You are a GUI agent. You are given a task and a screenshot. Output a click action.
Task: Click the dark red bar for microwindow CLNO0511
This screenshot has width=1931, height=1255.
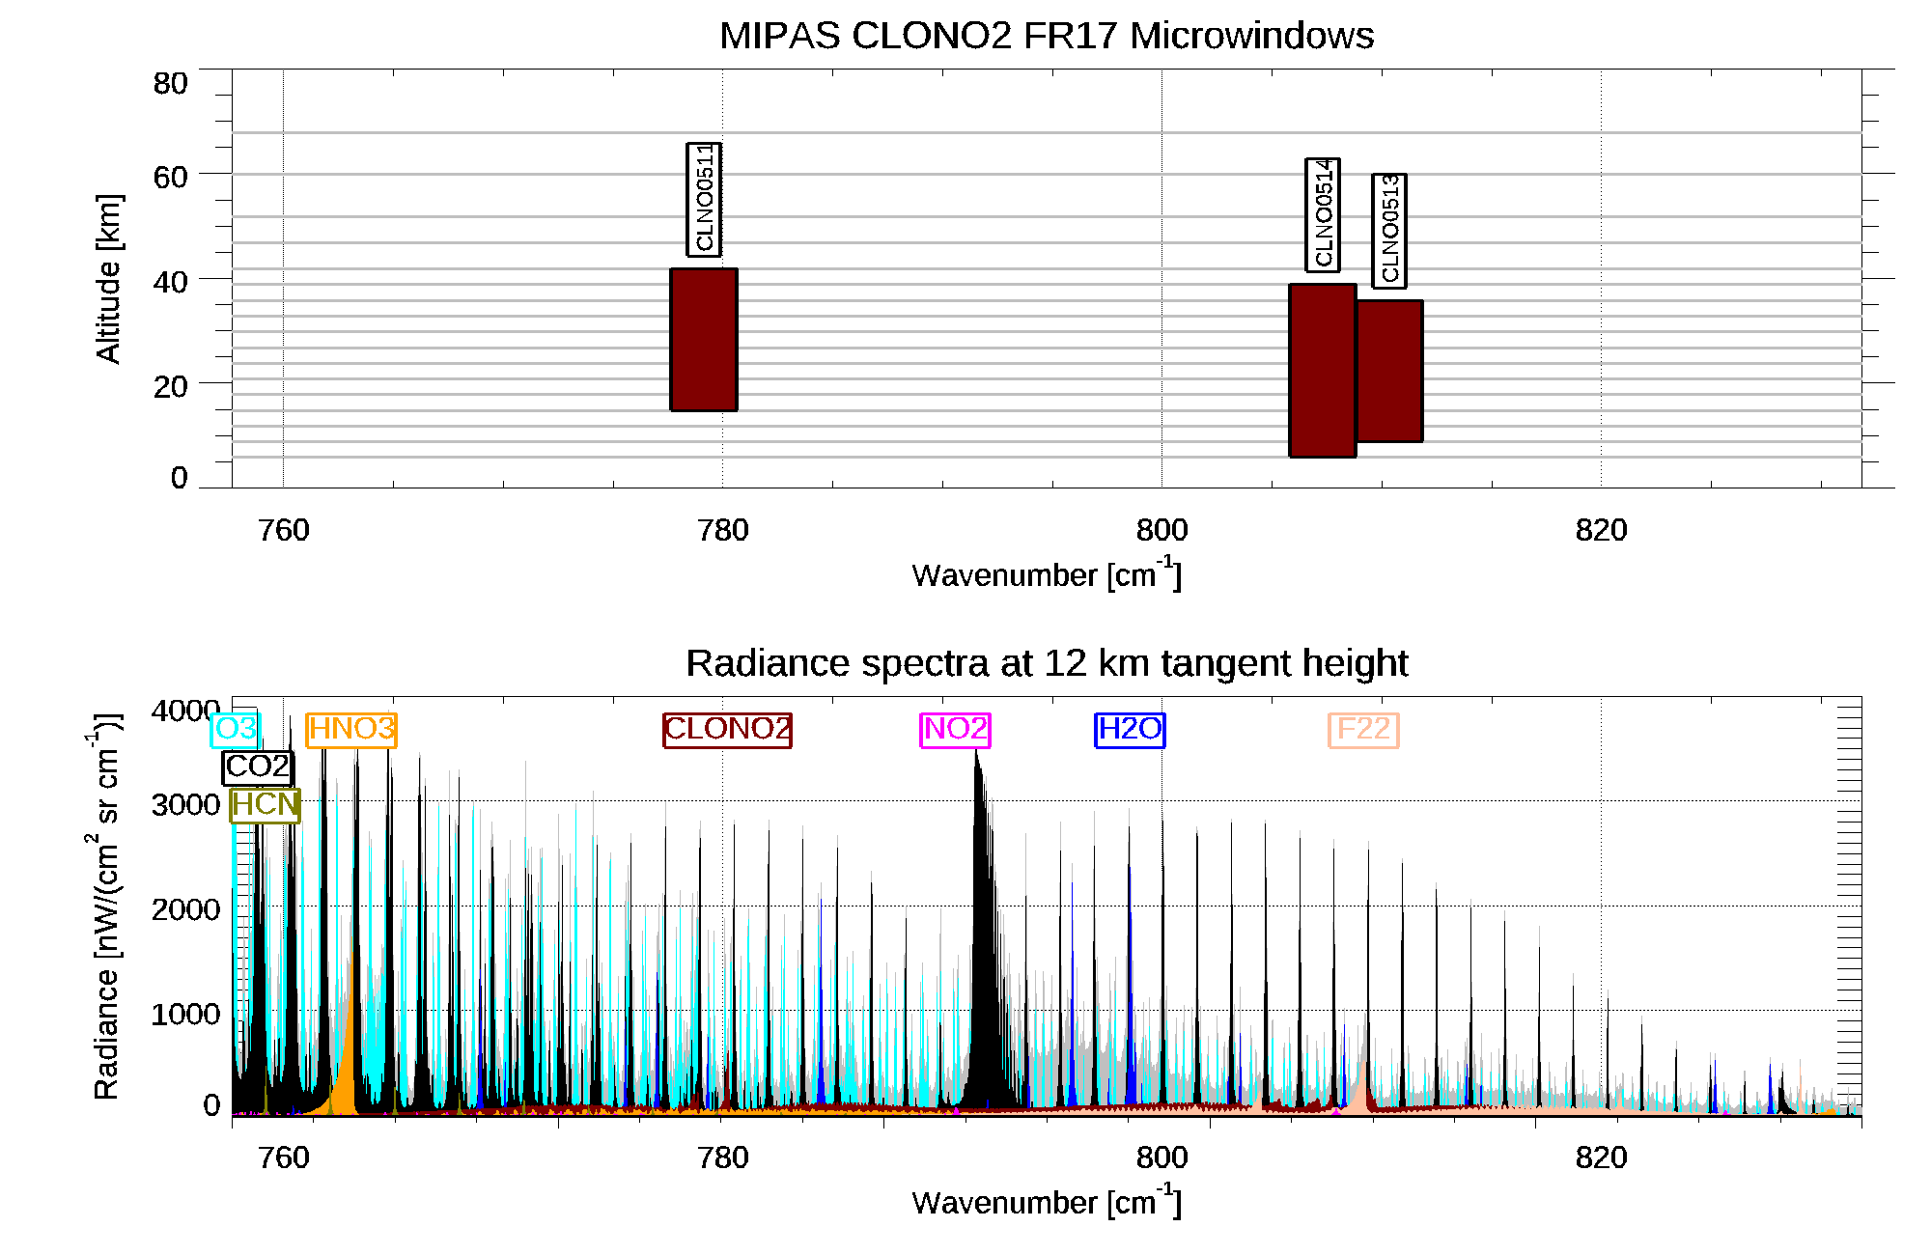tap(704, 340)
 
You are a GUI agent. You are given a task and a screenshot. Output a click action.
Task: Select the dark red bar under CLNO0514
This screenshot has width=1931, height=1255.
tap(1323, 370)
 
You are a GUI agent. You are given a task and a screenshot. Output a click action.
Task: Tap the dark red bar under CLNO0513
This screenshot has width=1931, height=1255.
tap(1389, 371)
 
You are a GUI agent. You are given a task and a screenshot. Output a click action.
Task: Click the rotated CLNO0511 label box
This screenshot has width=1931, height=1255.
tap(704, 199)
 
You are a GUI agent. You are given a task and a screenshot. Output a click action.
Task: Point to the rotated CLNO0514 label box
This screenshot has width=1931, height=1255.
tap(1323, 214)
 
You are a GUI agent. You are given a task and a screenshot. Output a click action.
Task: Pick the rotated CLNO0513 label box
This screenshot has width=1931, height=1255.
tap(1389, 231)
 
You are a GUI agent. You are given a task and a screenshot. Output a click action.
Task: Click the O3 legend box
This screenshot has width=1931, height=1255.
tap(235, 729)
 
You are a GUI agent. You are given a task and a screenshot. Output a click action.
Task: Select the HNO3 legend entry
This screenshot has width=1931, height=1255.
tap(351, 729)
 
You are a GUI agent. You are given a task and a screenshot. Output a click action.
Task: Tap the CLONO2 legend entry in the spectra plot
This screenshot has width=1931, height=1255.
tap(727, 729)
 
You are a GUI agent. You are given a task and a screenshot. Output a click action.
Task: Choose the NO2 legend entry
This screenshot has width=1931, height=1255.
tap(956, 729)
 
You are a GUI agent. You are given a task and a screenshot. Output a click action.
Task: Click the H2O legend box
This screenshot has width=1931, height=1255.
tap(1130, 729)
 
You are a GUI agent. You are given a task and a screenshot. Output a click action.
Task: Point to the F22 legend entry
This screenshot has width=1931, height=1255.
tap(1363, 729)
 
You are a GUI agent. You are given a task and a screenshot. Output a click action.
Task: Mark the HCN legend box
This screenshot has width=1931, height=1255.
tap(266, 804)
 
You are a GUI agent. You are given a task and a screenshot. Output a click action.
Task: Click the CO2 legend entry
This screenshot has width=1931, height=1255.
tap(258, 767)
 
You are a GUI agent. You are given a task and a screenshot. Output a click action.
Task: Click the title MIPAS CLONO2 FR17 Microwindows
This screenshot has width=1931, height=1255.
tap(1047, 36)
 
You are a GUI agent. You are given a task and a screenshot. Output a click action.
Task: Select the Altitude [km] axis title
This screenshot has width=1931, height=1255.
tap(108, 278)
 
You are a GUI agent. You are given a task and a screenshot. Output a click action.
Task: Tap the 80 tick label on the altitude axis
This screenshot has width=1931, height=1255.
tap(170, 84)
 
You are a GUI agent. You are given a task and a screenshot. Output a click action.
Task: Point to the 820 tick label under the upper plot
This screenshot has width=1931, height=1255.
tap(1601, 530)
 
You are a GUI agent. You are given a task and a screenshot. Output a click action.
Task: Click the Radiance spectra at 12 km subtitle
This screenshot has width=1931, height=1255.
tap(1047, 663)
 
